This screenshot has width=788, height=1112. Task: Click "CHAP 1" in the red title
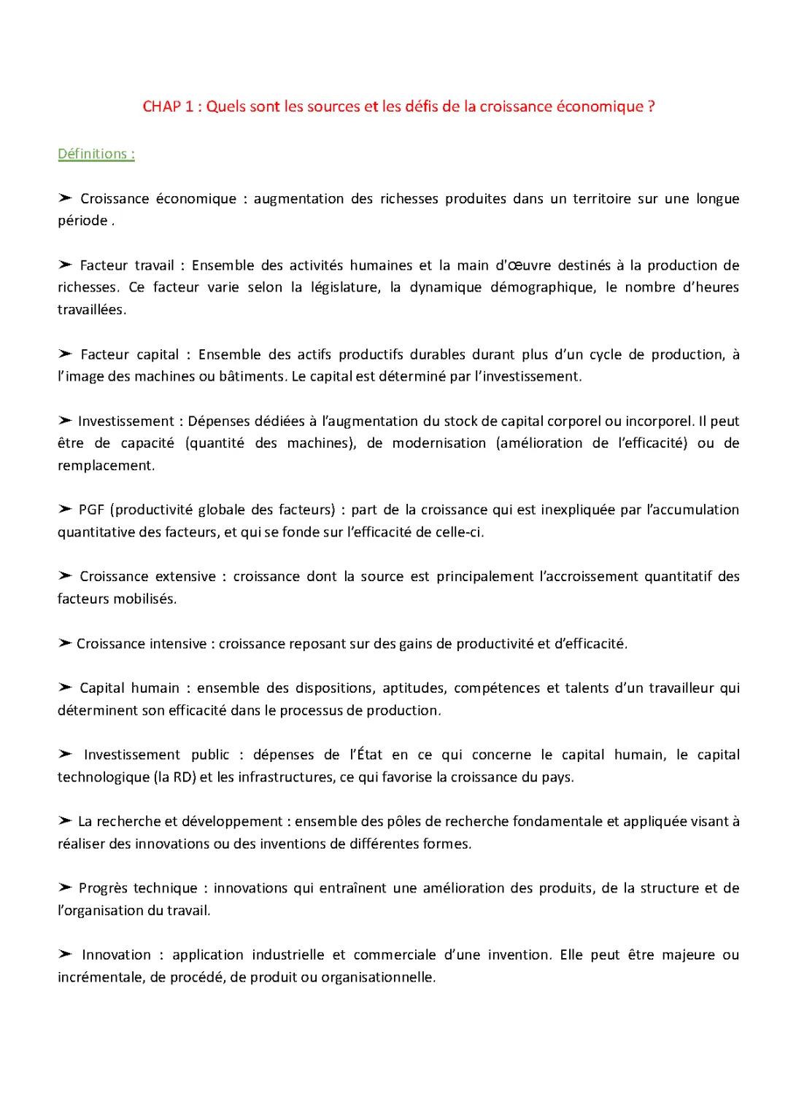[x=168, y=106]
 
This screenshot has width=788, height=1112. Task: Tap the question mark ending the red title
[x=651, y=106]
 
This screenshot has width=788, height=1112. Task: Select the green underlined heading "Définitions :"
[x=96, y=154]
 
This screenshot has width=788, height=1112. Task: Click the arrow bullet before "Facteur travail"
[x=65, y=265]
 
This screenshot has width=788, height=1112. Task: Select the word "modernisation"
[x=439, y=443]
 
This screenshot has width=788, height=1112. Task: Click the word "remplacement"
[x=106, y=466]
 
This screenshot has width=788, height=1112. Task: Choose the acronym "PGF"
[x=92, y=510]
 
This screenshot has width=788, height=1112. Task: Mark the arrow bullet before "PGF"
[x=65, y=510]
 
